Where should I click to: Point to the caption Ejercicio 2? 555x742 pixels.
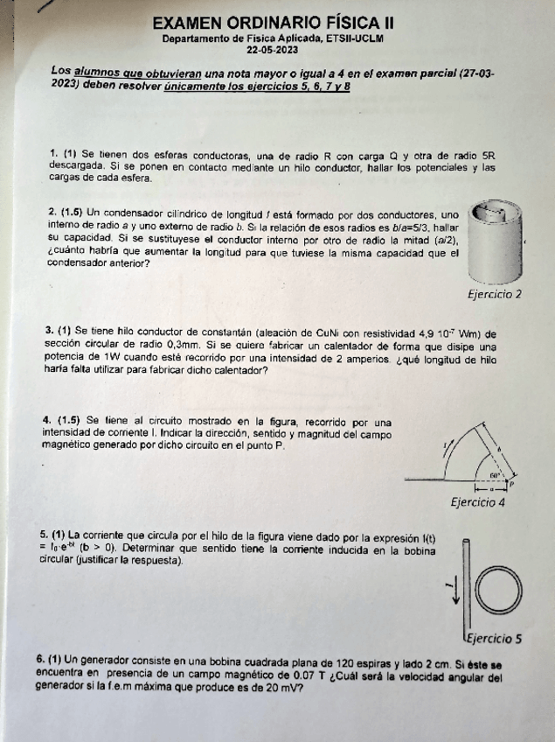pyautogui.click(x=495, y=294)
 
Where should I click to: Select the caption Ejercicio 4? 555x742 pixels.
pyautogui.click(x=478, y=502)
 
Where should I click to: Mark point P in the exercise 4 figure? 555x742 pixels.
pyautogui.click(x=514, y=482)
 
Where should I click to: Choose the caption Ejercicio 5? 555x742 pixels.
pyautogui.click(x=494, y=638)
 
